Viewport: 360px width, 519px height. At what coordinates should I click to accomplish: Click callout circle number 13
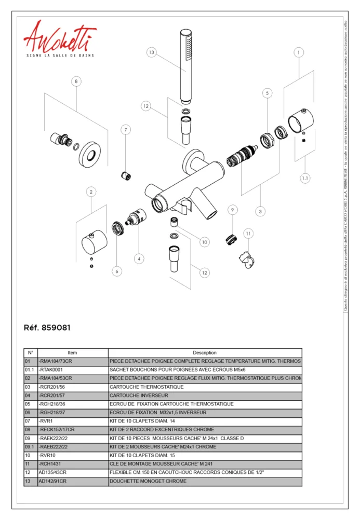tap(151, 52)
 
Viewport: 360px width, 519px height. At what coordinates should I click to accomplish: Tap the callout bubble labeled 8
tap(77, 81)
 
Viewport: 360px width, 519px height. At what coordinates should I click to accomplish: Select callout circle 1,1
tap(305, 178)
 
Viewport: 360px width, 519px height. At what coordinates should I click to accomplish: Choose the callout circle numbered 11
tap(248, 234)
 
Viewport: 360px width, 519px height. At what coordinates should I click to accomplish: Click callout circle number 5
tap(267, 93)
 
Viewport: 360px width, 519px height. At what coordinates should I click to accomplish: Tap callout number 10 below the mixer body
tap(204, 242)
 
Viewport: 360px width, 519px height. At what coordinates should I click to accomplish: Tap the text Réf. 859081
tap(47, 328)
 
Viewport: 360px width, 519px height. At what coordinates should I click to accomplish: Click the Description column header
tap(205, 352)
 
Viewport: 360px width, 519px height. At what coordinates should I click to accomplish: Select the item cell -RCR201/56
tap(52, 387)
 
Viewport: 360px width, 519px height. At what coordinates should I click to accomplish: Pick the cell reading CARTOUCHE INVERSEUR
tap(139, 395)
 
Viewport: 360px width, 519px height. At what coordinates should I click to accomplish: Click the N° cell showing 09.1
tap(30, 447)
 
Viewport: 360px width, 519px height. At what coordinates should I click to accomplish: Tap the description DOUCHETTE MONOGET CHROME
tap(148, 481)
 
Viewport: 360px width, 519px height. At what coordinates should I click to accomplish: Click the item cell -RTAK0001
tap(51, 370)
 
